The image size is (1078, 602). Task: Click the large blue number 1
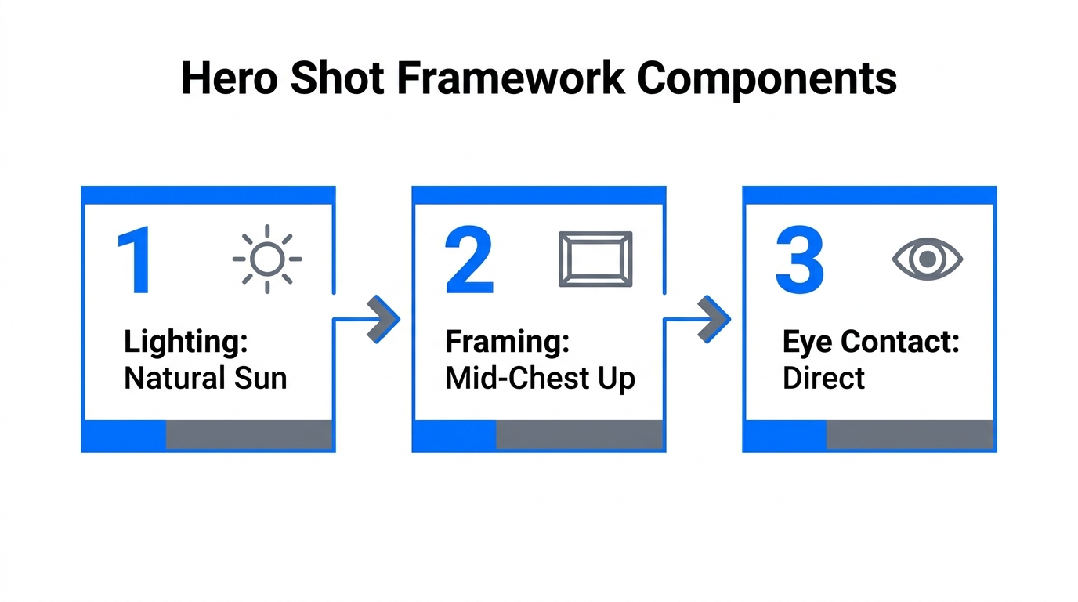click(135, 262)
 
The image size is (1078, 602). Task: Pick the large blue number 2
click(468, 262)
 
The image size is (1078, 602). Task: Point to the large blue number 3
click(799, 262)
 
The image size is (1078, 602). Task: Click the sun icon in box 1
click(267, 259)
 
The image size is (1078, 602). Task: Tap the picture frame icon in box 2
click(595, 259)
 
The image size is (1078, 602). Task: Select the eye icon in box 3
click(928, 259)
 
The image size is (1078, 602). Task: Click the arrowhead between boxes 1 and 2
click(383, 319)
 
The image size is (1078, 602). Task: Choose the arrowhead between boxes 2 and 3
click(714, 319)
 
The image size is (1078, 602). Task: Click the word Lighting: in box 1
click(185, 343)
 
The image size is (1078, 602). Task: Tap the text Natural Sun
click(205, 379)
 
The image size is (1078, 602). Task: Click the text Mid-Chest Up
click(540, 379)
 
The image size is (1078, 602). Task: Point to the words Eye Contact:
click(870, 343)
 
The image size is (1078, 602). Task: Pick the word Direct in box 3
click(823, 379)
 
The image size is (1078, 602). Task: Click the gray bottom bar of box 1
click(248, 434)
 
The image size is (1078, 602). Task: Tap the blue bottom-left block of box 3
click(785, 434)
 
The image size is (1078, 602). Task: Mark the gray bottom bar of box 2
click(579, 434)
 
